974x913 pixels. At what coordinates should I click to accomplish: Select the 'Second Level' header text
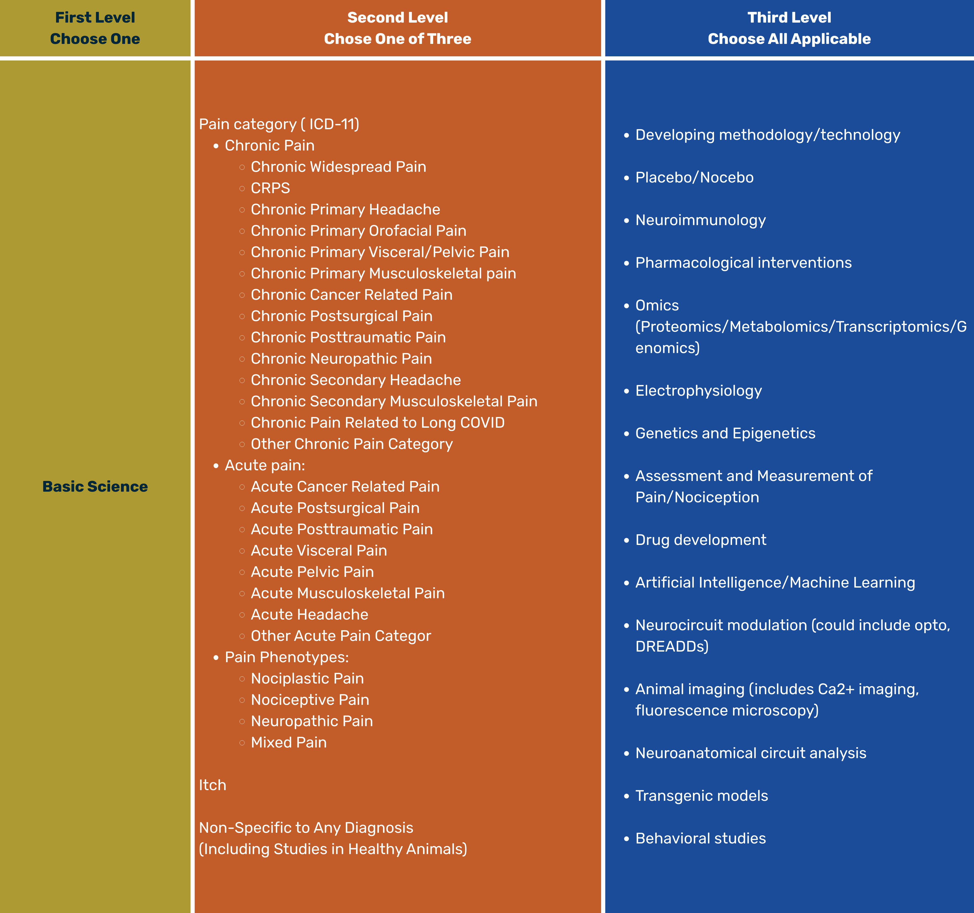click(x=397, y=18)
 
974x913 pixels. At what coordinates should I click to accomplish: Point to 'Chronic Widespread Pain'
click(x=338, y=167)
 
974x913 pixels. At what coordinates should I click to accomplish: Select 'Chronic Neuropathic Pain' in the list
click(x=341, y=359)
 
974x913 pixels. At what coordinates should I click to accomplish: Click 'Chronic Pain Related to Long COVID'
click(x=377, y=423)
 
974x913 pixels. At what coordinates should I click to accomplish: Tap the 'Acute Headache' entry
click(x=309, y=615)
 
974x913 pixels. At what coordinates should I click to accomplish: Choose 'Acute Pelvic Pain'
click(x=312, y=572)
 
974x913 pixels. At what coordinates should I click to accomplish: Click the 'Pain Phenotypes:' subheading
click(x=287, y=657)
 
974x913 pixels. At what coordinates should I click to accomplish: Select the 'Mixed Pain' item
click(x=289, y=742)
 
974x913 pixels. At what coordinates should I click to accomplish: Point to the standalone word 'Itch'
click(x=212, y=785)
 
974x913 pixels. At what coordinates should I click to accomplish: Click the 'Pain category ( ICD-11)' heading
click(x=279, y=124)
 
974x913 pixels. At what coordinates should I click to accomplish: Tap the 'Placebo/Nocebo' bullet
click(x=694, y=177)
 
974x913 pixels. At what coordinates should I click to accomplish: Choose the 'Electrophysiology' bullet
click(x=698, y=391)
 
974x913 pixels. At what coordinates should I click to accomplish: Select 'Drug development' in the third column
click(x=701, y=540)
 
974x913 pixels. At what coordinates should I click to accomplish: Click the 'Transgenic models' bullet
click(x=702, y=796)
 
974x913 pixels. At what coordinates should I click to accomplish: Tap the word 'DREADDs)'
click(x=672, y=647)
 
